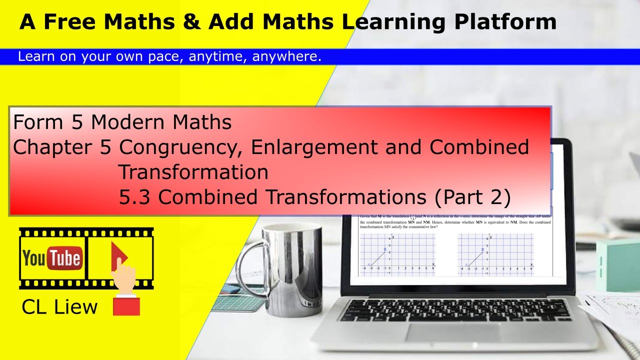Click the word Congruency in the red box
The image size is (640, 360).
(x=182, y=147)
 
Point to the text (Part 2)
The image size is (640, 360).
(x=472, y=197)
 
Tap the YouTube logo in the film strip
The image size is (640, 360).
(x=52, y=258)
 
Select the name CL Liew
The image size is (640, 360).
(x=59, y=307)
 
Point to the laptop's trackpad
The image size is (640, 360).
(x=452, y=332)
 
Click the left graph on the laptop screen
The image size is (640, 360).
(x=397, y=254)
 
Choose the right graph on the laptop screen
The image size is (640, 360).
(x=495, y=254)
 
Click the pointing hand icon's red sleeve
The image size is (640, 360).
(x=126, y=305)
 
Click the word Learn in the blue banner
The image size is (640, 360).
(x=33, y=57)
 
